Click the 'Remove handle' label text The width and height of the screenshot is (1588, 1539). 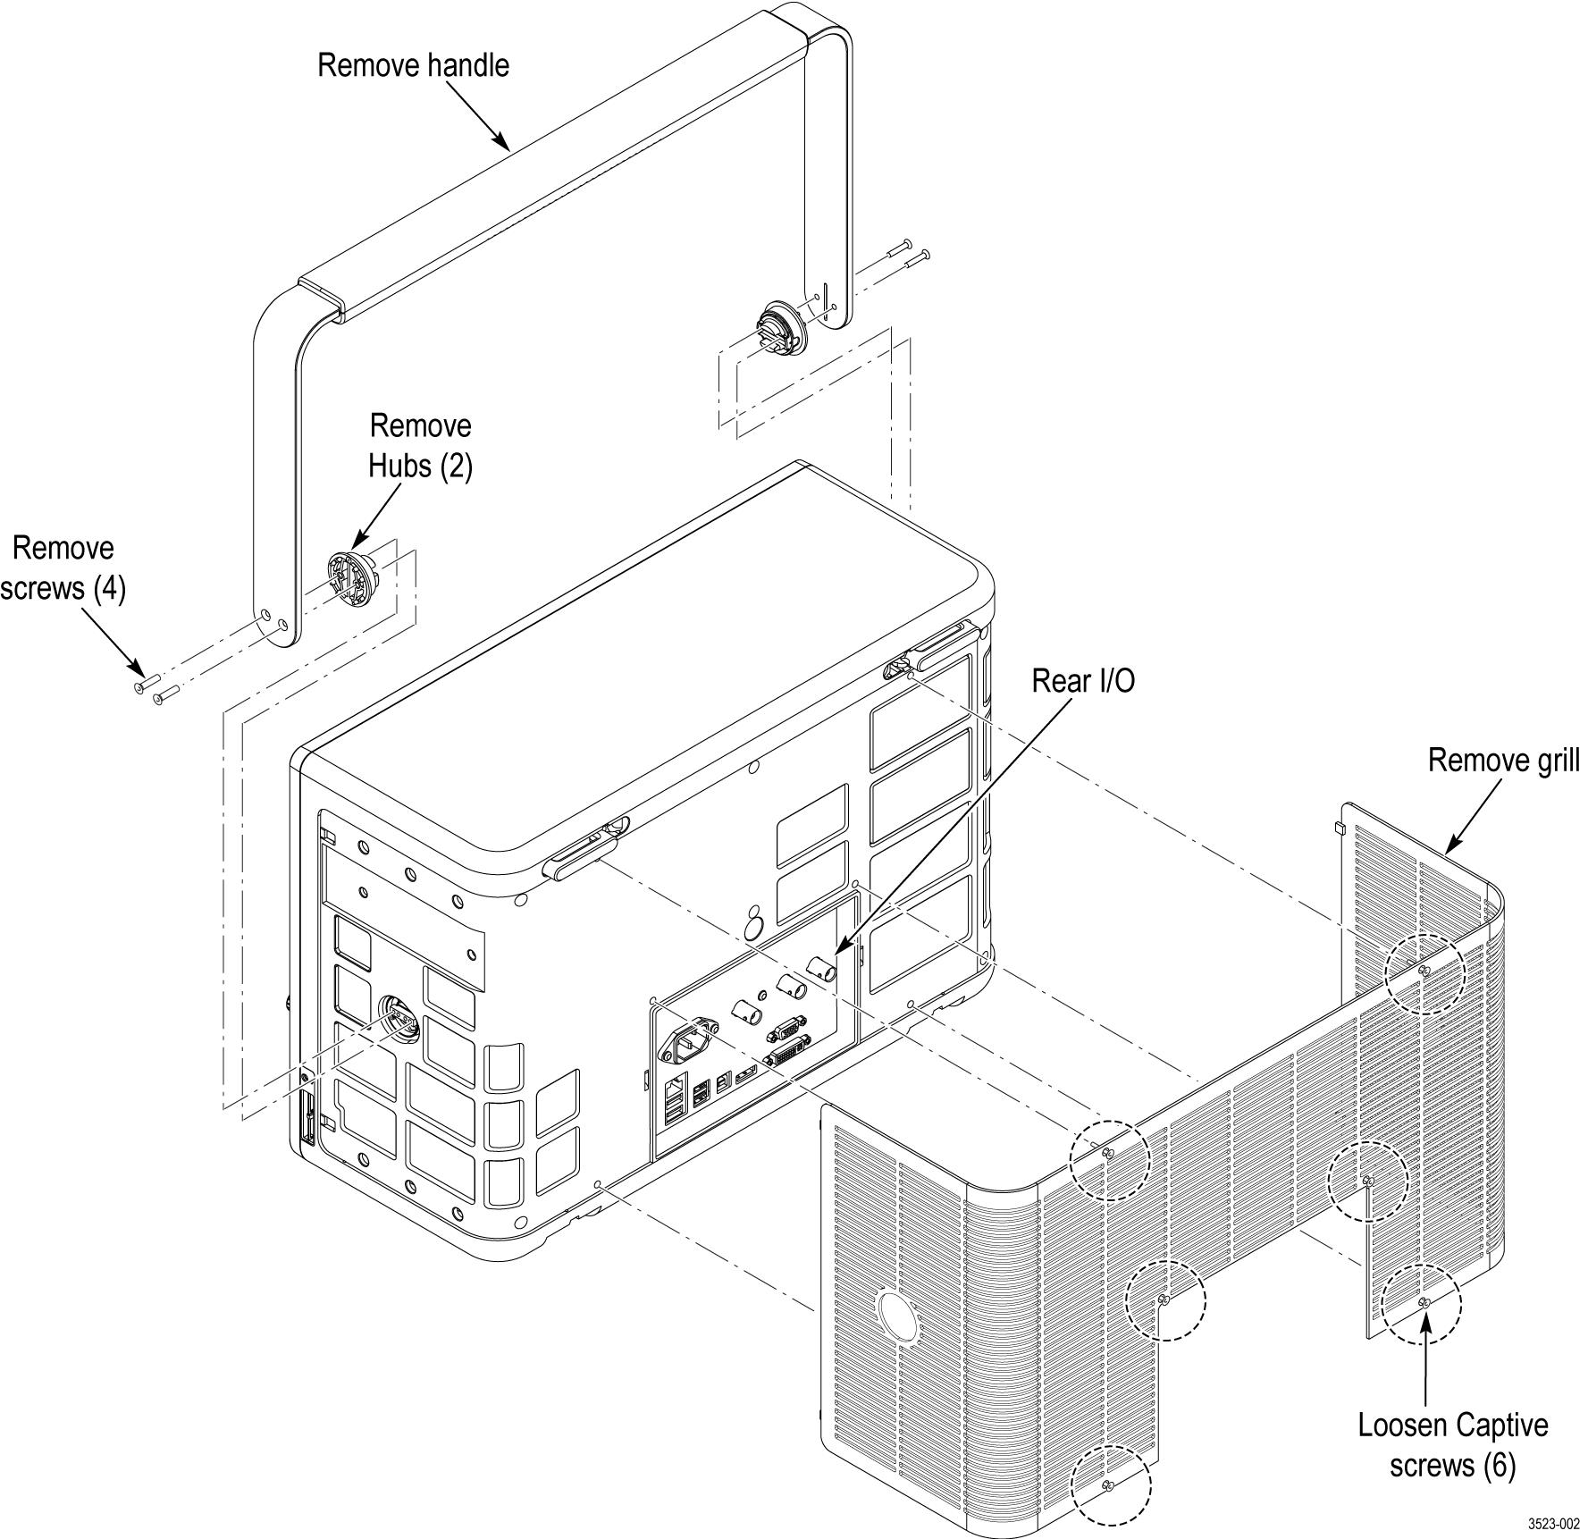(x=413, y=65)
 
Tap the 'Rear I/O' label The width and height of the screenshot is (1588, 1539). (x=1083, y=681)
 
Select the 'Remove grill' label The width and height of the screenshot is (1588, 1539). (x=1503, y=761)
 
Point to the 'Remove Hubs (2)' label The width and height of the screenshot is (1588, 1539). (x=420, y=446)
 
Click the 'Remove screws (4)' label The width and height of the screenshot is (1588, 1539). (x=63, y=568)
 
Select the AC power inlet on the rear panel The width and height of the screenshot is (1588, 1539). (x=689, y=1039)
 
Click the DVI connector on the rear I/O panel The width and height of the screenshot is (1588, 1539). (x=787, y=1051)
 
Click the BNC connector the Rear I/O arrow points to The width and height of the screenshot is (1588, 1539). (x=821, y=968)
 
